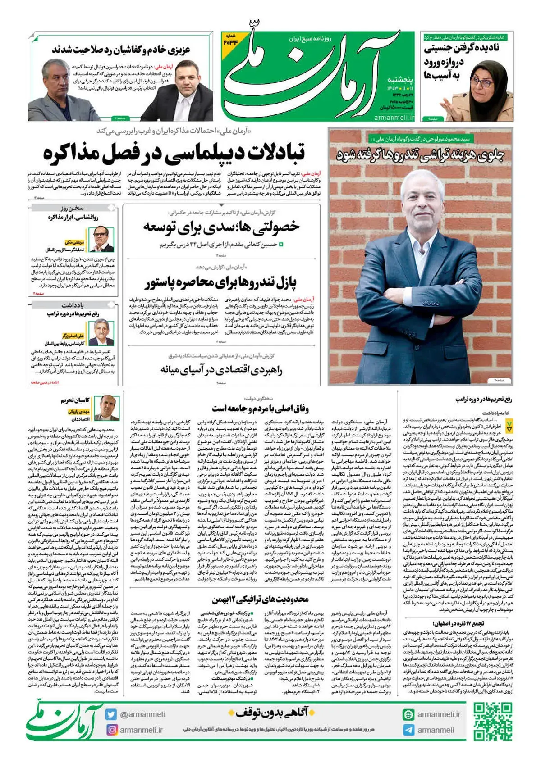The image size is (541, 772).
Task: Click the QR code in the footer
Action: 492,722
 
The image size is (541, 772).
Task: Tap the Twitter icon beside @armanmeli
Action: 111,714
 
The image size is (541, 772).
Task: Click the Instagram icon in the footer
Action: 111,730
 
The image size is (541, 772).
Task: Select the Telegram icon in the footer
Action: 408,730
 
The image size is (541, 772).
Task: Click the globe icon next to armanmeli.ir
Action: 408,714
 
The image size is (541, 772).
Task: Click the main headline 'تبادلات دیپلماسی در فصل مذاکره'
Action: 174,153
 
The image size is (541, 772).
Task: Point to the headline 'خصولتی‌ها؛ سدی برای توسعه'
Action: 221,227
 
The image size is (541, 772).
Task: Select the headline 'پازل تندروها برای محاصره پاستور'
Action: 221,282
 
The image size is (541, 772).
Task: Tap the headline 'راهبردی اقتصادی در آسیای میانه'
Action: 221,370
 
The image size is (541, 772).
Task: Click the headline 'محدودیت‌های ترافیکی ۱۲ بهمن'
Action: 261,599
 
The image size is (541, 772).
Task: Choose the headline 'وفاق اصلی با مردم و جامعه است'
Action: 261,409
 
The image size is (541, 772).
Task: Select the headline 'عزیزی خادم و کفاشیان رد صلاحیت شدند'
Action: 121,49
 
